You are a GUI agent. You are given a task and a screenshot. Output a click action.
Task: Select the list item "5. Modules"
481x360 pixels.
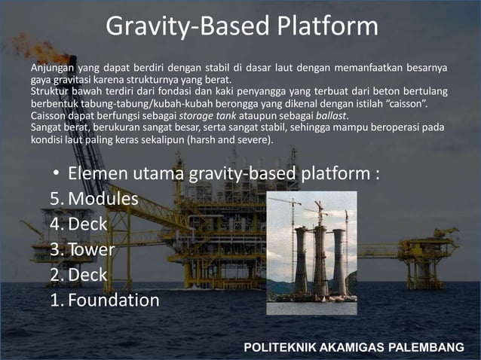94,199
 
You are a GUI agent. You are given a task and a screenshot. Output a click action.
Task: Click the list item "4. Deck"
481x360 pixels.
78,224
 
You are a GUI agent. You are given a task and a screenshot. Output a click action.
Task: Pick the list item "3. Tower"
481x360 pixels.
82,249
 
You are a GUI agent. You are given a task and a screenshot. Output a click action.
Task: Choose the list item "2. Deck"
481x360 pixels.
78,275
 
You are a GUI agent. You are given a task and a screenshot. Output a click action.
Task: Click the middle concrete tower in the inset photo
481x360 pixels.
320,260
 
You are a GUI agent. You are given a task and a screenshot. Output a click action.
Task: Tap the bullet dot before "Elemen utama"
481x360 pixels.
56,174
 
